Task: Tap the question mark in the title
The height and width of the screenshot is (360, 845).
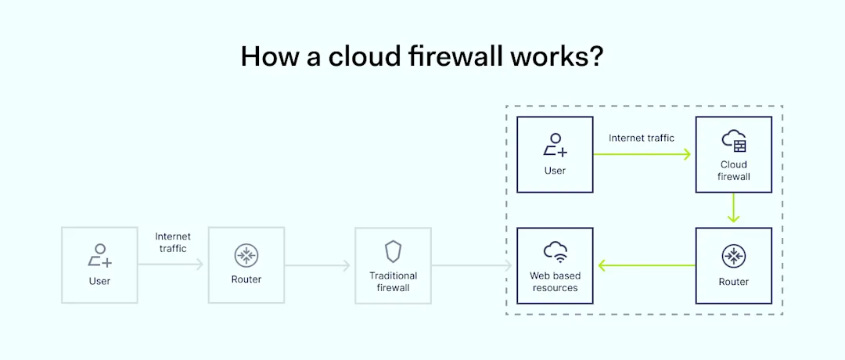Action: [595, 56]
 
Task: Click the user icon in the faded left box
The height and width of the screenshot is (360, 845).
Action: [99, 255]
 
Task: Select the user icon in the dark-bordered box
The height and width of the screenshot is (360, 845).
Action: [555, 145]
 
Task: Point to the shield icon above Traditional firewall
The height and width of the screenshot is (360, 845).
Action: [393, 251]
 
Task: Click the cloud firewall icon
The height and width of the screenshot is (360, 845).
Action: [734, 141]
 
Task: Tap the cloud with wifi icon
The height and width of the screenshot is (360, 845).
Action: [555, 252]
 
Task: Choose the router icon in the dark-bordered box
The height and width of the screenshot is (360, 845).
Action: [734, 256]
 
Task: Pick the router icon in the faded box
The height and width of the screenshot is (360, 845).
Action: [246, 255]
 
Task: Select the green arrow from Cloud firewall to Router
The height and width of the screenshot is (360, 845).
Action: [734, 207]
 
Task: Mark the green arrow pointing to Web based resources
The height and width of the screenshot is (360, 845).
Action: [646, 265]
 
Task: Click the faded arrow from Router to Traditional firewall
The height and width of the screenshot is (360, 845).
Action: [318, 266]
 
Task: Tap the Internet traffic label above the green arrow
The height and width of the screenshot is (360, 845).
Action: [642, 139]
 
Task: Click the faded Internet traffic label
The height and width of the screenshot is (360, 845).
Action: [173, 243]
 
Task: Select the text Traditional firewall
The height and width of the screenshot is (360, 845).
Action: [393, 282]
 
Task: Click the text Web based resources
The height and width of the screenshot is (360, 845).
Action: [555, 282]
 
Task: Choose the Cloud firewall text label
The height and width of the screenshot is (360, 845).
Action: [734, 171]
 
